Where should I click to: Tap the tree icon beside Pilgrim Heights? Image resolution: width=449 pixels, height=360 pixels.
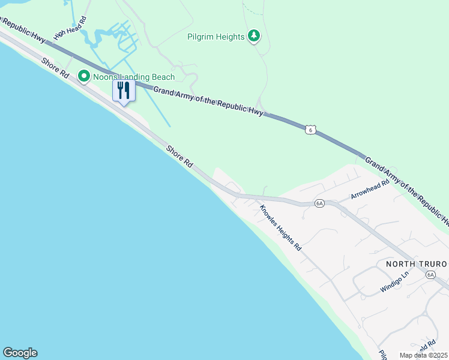tap(254, 37)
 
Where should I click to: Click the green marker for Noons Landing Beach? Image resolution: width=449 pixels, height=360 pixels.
tap(83, 76)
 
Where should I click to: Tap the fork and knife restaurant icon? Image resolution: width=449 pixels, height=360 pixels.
tap(123, 91)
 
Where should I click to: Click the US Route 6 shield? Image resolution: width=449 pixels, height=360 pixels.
tap(309, 129)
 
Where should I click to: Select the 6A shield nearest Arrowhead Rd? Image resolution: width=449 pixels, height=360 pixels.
tap(319, 203)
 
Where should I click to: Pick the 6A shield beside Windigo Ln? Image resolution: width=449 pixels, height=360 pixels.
tap(430, 275)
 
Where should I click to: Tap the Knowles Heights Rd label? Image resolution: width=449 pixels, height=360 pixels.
tap(280, 228)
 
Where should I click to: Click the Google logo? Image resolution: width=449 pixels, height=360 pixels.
tap(20, 353)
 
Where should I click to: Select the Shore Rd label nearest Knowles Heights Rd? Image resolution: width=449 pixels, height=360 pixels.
tap(179, 155)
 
